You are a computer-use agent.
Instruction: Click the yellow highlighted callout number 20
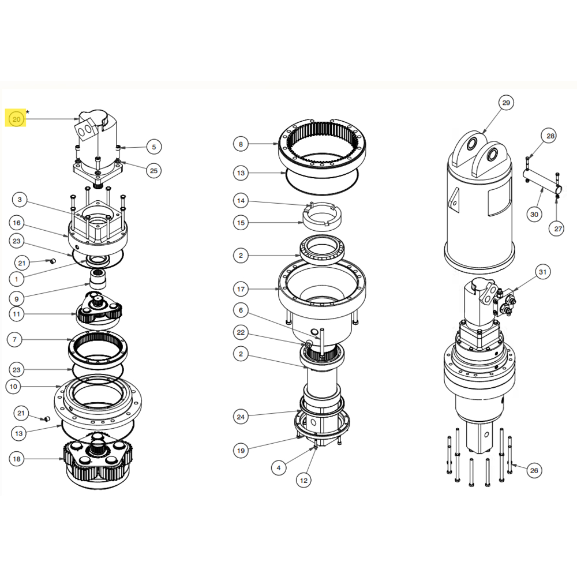16,119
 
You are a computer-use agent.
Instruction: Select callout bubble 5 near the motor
153,147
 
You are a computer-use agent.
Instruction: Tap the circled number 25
153,170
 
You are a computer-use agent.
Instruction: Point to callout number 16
16,223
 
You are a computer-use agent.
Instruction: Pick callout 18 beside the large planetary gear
16,459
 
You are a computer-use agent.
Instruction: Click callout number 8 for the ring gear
241,144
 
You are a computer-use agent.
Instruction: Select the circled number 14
241,201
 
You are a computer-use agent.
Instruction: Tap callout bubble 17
241,288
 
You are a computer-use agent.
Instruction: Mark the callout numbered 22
241,332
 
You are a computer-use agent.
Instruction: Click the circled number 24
241,416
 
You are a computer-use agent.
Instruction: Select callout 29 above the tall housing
505,103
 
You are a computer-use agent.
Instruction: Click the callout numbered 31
542,272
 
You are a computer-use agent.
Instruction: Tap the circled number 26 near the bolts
534,470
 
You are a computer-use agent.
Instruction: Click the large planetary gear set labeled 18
98,462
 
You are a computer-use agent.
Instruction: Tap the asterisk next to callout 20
27,111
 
